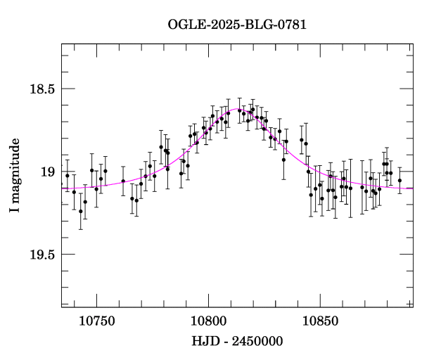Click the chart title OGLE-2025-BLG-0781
point(237,25)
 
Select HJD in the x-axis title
point(205,342)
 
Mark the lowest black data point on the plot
point(81,211)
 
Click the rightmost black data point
point(399,181)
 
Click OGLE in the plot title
point(184,25)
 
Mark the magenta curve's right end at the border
point(412,188)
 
